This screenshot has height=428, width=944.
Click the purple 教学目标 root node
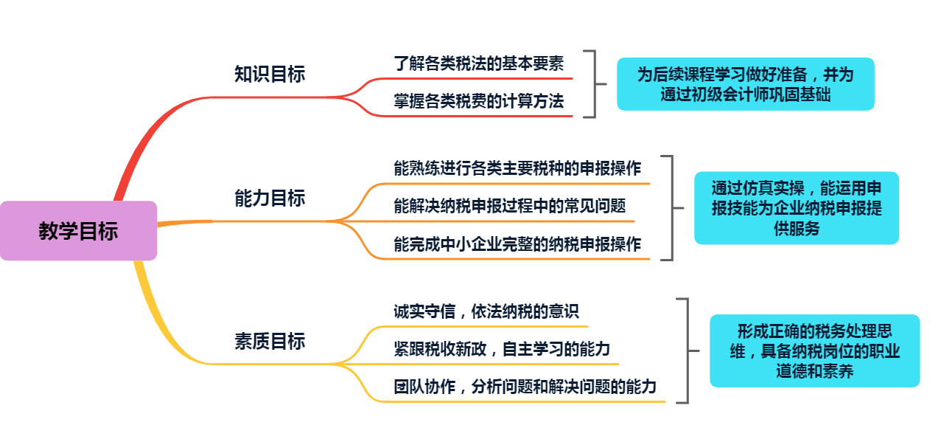pos(78,231)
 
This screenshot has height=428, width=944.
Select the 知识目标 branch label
pos(270,75)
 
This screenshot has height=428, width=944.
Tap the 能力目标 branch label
pos(270,199)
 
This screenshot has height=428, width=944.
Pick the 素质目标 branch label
pos(270,342)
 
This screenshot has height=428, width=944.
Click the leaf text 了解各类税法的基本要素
pos(479,63)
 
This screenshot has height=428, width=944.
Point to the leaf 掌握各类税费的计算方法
pos(479,101)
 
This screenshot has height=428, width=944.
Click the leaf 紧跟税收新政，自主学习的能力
pos(502,349)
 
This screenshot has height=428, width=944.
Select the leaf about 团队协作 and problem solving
pos(525,387)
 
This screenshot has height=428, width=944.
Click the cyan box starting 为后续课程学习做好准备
pos(745,84)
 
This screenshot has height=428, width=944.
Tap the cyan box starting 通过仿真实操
pos(796,208)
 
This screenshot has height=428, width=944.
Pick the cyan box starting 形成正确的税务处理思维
pos(814,351)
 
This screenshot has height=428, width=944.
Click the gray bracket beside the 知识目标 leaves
pos(592,84)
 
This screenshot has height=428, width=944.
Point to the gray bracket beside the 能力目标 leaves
pos(671,208)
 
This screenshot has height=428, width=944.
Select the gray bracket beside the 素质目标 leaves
pos(686,351)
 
